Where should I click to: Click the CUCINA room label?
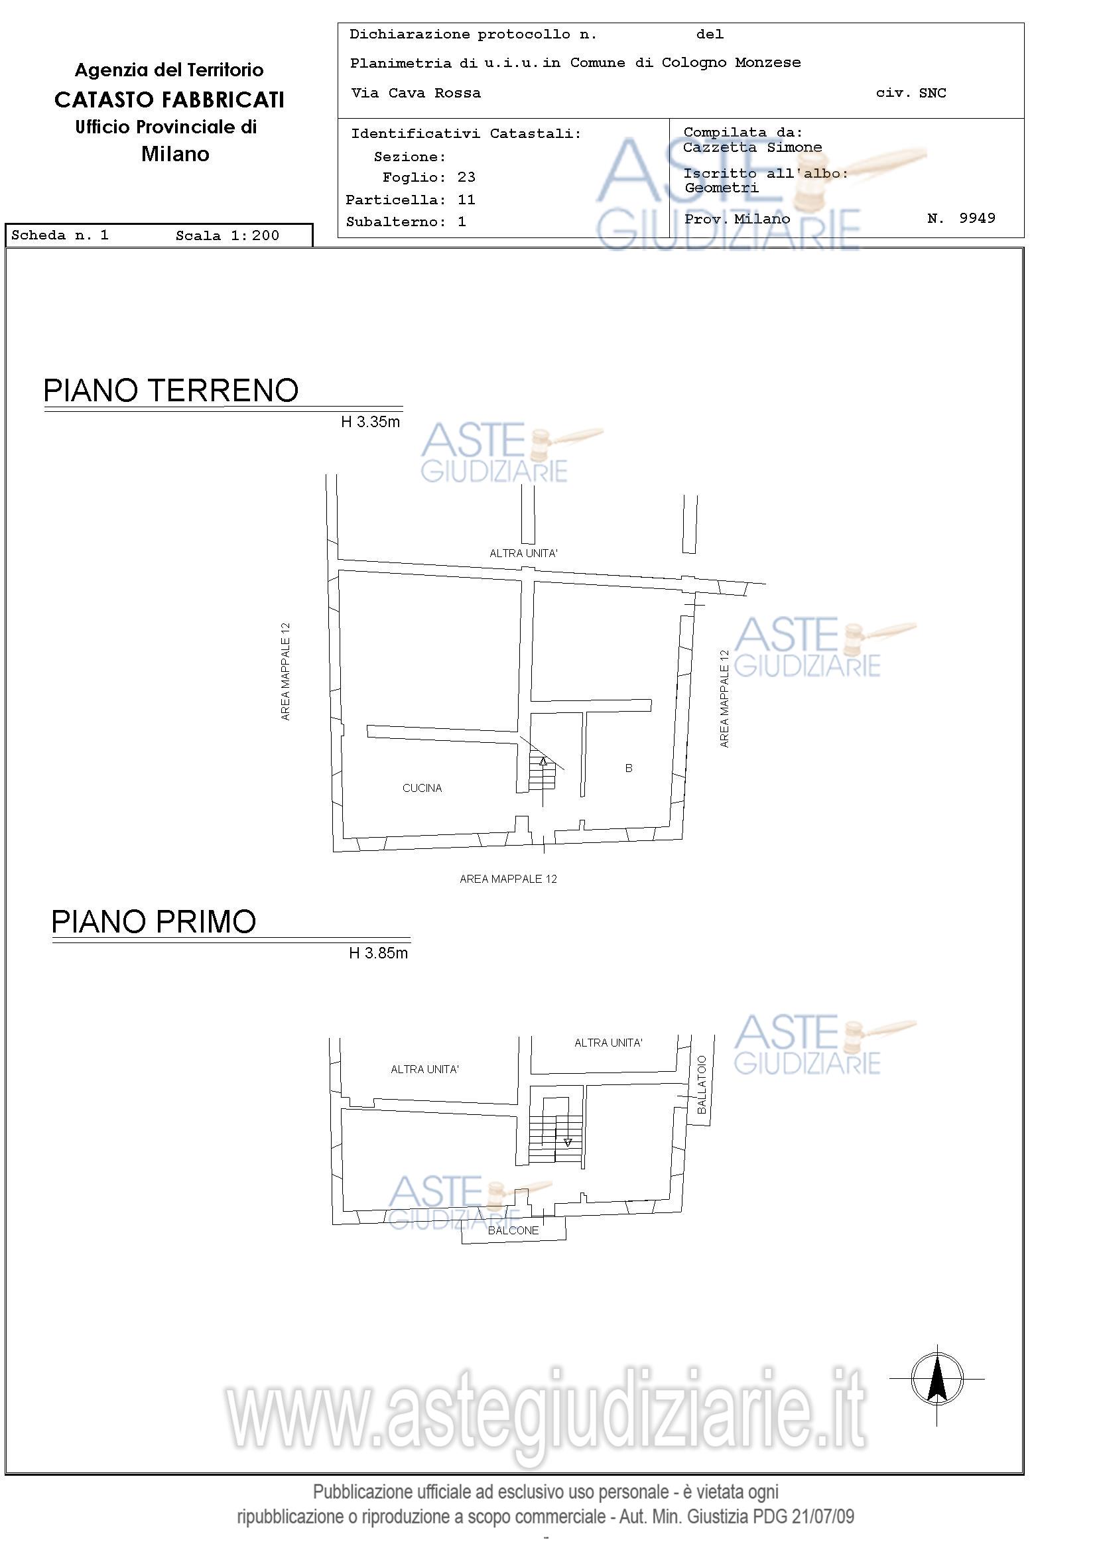tap(422, 788)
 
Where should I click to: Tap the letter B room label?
tap(629, 768)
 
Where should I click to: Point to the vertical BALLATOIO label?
tap(702, 1085)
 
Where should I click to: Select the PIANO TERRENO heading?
tap(171, 391)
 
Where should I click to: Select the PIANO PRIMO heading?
tap(154, 921)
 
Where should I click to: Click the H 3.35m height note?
tap(370, 422)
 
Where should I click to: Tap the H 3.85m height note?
tap(379, 953)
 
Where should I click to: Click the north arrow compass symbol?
tap(936, 1379)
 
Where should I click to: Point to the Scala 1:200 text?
tap(227, 236)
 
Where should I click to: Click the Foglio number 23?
tap(466, 178)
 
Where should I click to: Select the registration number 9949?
tap(978, 218)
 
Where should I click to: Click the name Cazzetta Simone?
tap(752, 147)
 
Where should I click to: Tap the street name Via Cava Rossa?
tap(416, 94)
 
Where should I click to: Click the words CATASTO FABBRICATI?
tap(169, 100)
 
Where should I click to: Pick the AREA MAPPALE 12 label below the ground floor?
tap(508, 879)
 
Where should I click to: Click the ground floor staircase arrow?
tap(543, 762)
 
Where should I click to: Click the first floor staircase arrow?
tap(568, 1142)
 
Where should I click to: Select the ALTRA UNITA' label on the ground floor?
tap(523, 553)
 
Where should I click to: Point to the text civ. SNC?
tap(911, 94)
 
